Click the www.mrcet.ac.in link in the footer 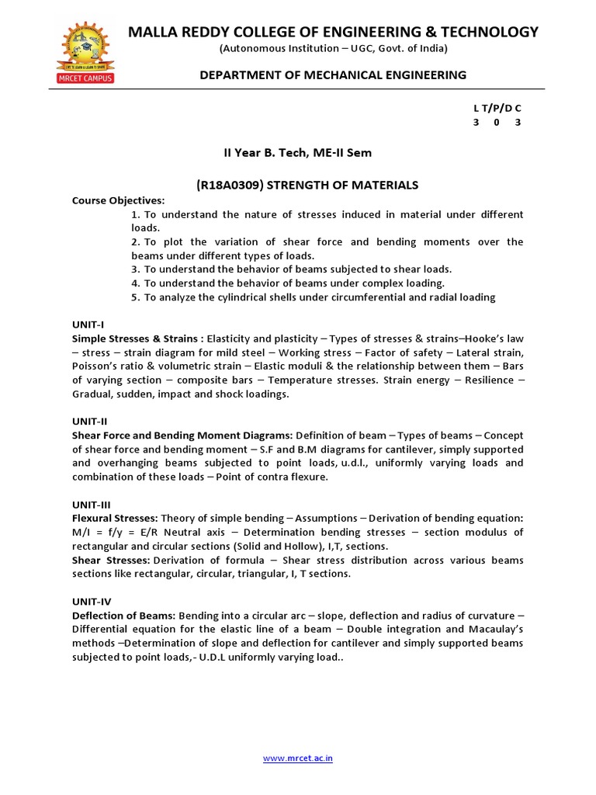click(x=298, y=758)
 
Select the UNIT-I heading click(x=88, y=325)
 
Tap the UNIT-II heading click(x=90, y=420)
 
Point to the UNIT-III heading click(x=92, y=504)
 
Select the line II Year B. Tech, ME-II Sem click(x=298, y=153)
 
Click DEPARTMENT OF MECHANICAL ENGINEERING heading click(x=333, y=75)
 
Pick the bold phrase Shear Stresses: click(x=111, y=560)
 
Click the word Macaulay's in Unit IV click(x=497, y=629)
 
